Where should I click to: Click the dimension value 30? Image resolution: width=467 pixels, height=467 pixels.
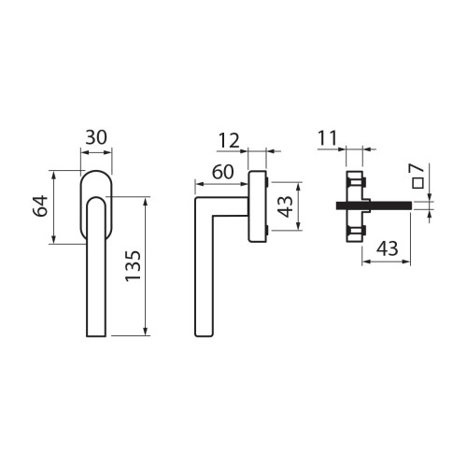click(96, 137)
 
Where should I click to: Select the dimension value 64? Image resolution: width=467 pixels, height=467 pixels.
click(40, 205)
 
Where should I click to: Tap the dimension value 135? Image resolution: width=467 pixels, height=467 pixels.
click(134, 265)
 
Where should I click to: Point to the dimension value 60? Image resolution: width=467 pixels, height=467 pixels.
click(222, 172)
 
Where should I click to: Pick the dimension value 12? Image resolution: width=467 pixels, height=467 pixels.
click(229, 140)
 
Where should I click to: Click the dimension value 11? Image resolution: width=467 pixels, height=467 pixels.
click(328, 138)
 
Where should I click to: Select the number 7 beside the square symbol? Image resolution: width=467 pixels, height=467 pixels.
click(417, 169)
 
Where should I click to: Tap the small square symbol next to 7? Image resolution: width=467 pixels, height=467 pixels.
click(417, 183)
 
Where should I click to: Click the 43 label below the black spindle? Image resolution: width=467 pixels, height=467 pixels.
click(388, 248)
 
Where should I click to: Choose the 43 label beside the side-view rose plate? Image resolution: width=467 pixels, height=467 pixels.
click(286, 206)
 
